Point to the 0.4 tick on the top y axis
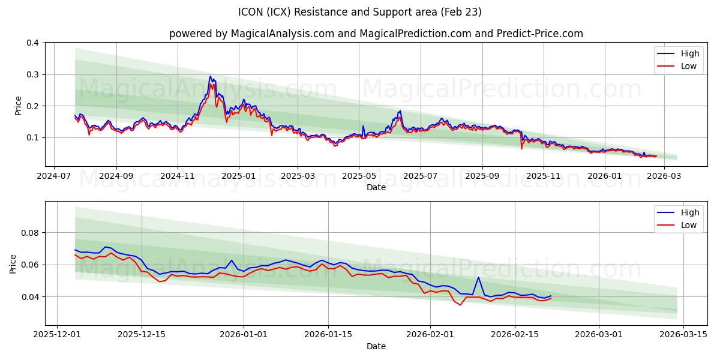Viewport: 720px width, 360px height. [x=32, y=43]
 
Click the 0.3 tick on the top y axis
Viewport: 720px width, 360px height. [x=32, y=74]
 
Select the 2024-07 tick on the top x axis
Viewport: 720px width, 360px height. [x=55, y=177]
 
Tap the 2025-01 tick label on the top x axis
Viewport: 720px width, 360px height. [x=239, y=177]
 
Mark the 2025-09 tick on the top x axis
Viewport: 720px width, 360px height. [x=482, y=177]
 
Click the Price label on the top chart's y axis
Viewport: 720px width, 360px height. [x=18, y=106]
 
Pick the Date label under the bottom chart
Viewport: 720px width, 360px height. [x=376, y=346]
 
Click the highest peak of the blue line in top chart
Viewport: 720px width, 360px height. [x=210, y=76]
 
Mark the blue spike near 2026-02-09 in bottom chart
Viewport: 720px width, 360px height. [x=478, y=277]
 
